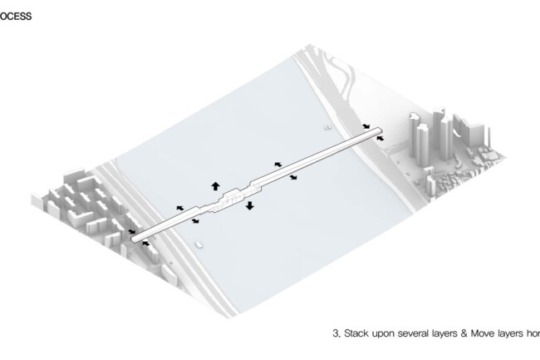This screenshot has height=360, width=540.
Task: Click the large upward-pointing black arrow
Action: [x=215, y=185]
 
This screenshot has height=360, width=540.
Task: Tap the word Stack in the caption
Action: [x=356, y=333]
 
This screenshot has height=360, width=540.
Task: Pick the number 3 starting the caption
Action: [x=335, y=333]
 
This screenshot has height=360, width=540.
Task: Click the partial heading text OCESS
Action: [x=16, y=16]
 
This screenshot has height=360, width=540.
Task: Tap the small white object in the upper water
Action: [x=327, y=128]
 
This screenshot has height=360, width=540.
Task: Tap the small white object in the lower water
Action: [x=199, y=244]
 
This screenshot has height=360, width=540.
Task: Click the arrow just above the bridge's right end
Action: [x=366, y=127]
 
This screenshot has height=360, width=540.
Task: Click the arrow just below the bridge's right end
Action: [x=381, y=139]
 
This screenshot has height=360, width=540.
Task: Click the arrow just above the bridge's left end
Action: [x=131, y=231]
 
